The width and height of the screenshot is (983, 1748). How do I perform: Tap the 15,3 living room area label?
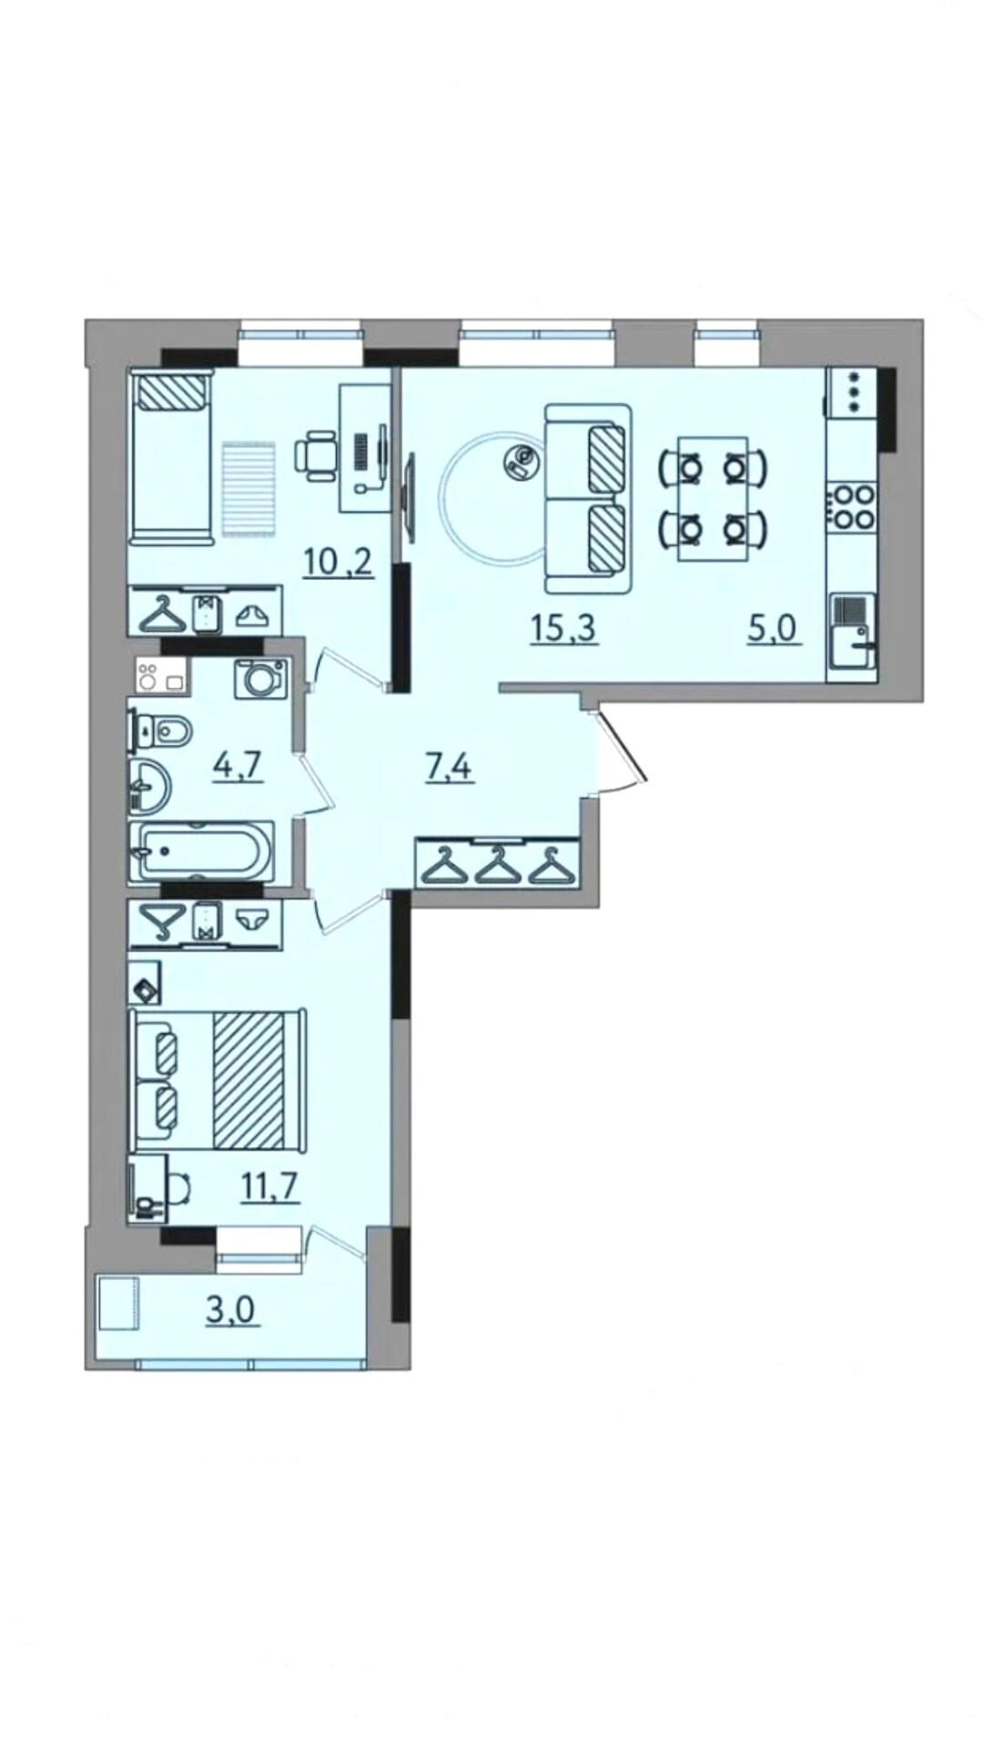click(x=564, y=627)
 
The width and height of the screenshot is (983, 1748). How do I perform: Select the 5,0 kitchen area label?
click(x=774, y=627)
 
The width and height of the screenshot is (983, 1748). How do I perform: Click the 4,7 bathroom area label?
click(x=238, y=765)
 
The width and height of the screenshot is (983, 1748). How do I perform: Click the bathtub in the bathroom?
click(x=201, y=852)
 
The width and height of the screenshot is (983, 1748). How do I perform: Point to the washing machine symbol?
click(x=260, y=678)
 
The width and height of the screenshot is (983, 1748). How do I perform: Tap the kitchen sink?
click(x=853, y=635)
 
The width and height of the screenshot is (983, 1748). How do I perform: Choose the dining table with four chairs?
click(x=714, y=496)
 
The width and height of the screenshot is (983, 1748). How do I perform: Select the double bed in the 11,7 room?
click(x=218, y=1081)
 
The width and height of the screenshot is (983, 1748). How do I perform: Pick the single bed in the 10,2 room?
click(x=170, y=456)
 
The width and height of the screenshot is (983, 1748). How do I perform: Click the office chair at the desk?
click(x=316, y=455)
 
